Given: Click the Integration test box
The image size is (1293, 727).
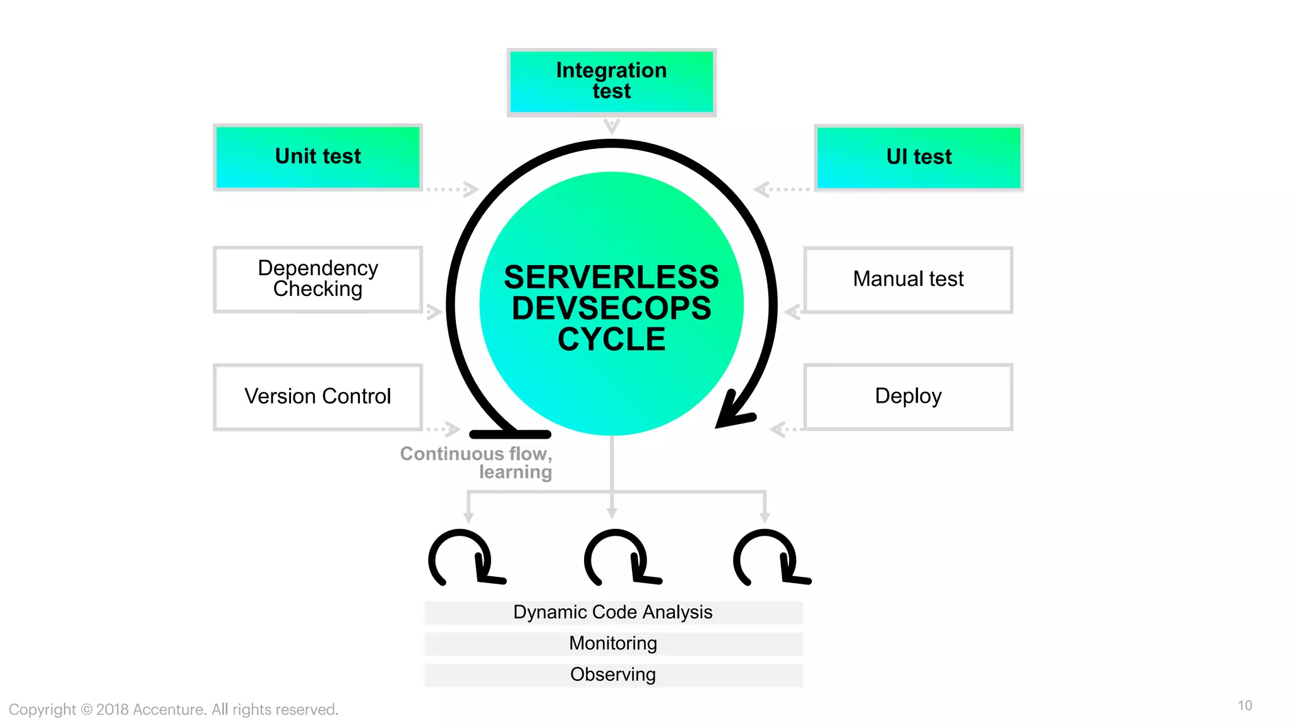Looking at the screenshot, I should [611, 81].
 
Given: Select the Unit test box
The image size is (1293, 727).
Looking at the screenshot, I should [318, 157].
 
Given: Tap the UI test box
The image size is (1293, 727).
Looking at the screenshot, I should [919, 157].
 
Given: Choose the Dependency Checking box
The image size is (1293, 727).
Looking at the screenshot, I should [318, 279].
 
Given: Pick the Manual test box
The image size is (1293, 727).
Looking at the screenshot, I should [908, 279].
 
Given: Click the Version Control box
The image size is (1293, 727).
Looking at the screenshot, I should [318, 396].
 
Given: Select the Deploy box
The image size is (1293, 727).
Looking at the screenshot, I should [908, 396].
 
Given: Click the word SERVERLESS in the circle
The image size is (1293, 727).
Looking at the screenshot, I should [611, 277].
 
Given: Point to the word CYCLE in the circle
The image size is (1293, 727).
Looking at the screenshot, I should [611, 340].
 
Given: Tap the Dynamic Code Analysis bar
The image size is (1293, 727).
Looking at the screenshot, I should [612, 612].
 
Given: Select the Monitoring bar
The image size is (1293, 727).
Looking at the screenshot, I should [612, 643].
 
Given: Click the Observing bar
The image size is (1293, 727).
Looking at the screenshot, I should [612, 675].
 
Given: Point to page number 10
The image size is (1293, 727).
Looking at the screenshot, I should [1244, 706].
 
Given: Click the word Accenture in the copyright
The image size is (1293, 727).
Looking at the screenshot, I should [169, 709].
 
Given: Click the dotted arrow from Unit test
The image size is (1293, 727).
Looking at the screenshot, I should [452, 189].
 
